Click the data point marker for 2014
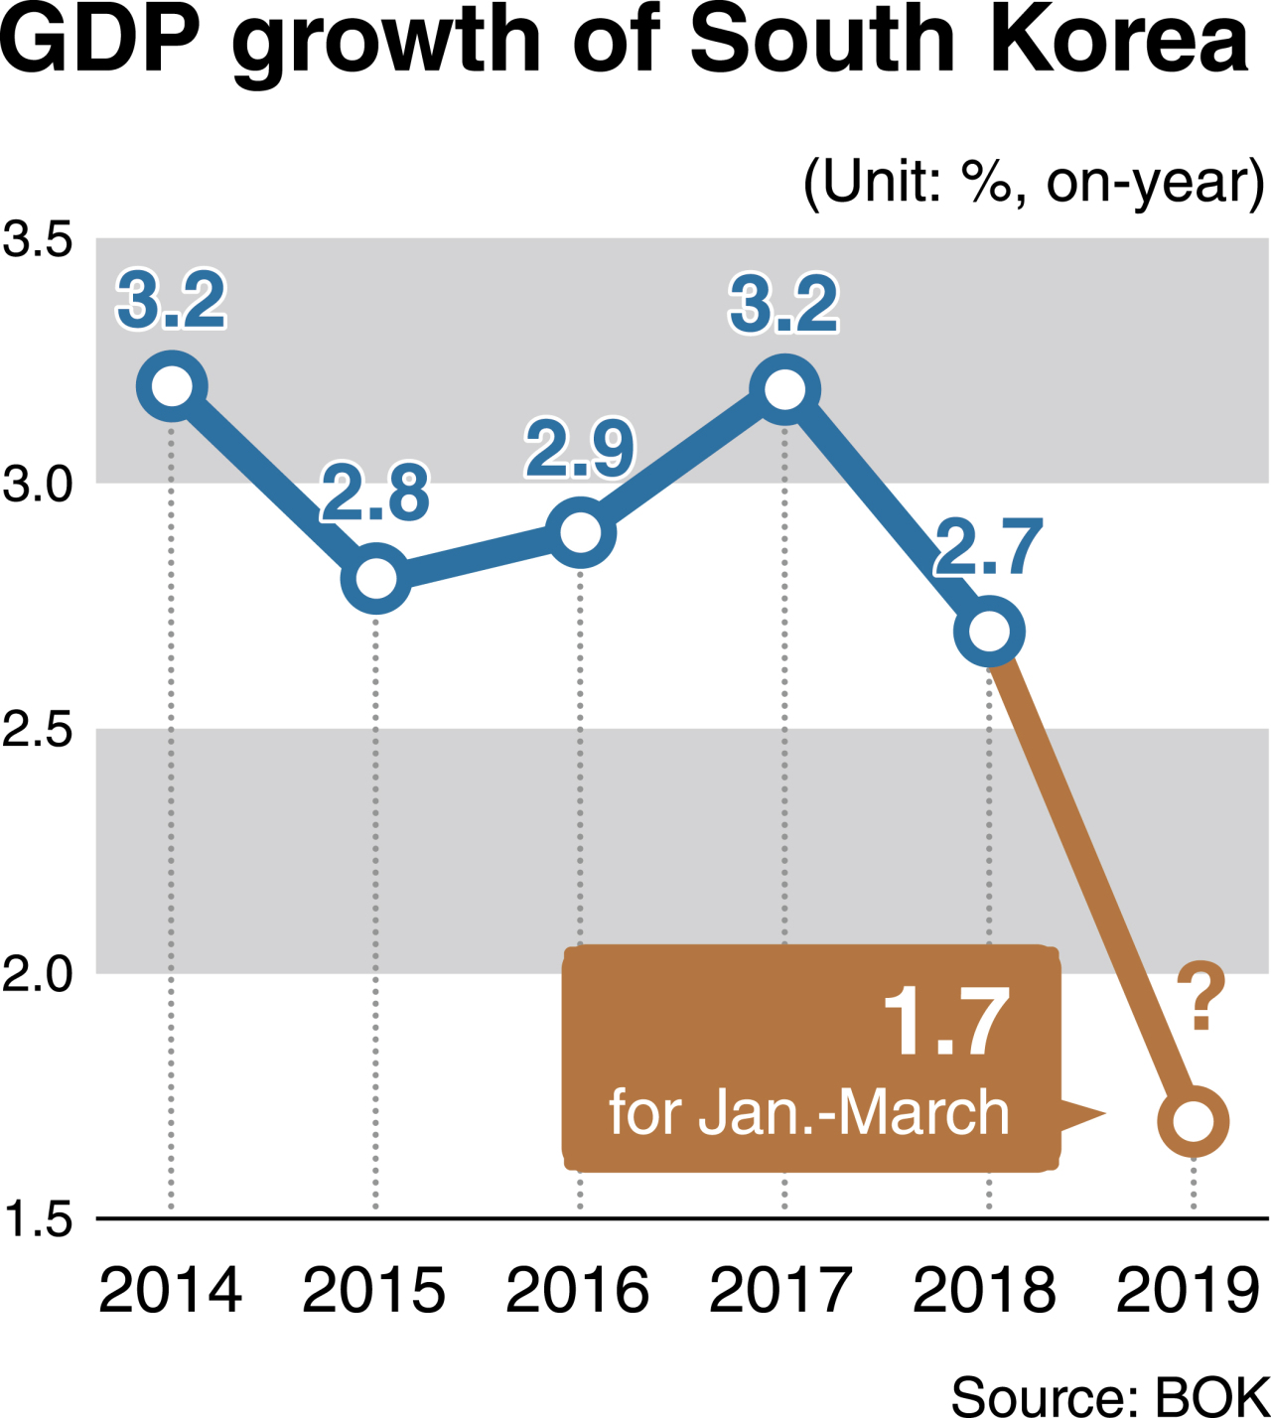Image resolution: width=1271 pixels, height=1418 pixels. point(172,386)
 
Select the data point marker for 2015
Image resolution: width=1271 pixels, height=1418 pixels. point(376,579)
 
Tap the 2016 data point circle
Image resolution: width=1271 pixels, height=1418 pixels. point(580,533)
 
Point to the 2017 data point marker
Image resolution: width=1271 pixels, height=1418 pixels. point(784,389)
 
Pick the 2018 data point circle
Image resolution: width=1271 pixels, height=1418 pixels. point(989,632)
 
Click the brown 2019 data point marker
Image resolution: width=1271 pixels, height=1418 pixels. point(1194,1121)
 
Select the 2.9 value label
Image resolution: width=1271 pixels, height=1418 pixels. point(580,449)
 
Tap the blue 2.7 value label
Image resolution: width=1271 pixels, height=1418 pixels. point(988,546)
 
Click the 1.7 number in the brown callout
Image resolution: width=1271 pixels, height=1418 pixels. point(946,1021)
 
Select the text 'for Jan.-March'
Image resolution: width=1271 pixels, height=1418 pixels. point(809,1112)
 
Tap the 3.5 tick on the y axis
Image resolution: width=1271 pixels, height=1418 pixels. point(38,239)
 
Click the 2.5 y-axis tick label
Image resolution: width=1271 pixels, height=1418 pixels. point(38,730)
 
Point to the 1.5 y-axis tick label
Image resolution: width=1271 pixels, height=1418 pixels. point(38,1219)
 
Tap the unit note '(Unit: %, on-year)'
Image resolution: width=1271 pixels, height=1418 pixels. point(1035,182)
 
